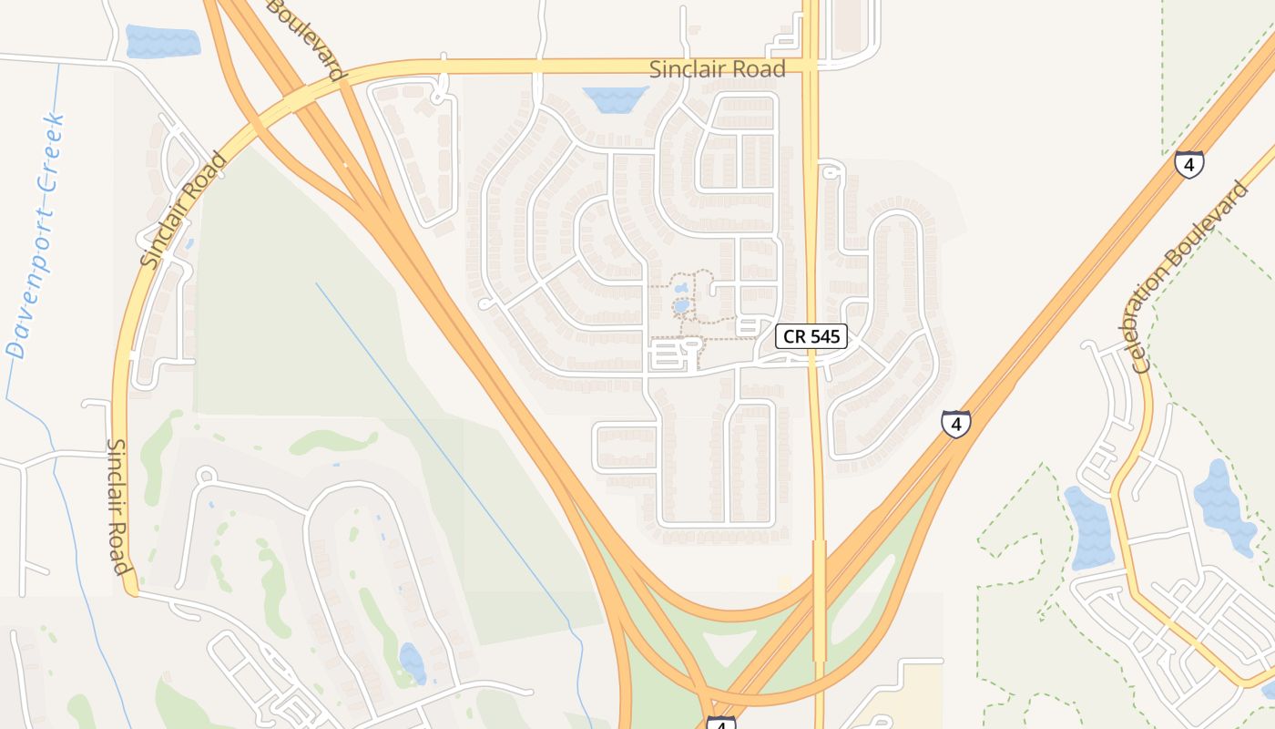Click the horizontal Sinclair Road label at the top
[x=718, y=69]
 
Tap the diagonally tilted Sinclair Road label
[x=184, y=211]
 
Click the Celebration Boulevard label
[x=1190, y=276]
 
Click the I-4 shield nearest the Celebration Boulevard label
[x=1188, y=164]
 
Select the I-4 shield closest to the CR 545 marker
[x=955, y=424]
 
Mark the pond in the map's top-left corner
[x=162, y=41]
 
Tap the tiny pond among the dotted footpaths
[x=681, y=305]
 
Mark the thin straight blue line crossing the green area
[x=437, y=428]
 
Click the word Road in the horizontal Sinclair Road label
[x=756, y=69]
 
